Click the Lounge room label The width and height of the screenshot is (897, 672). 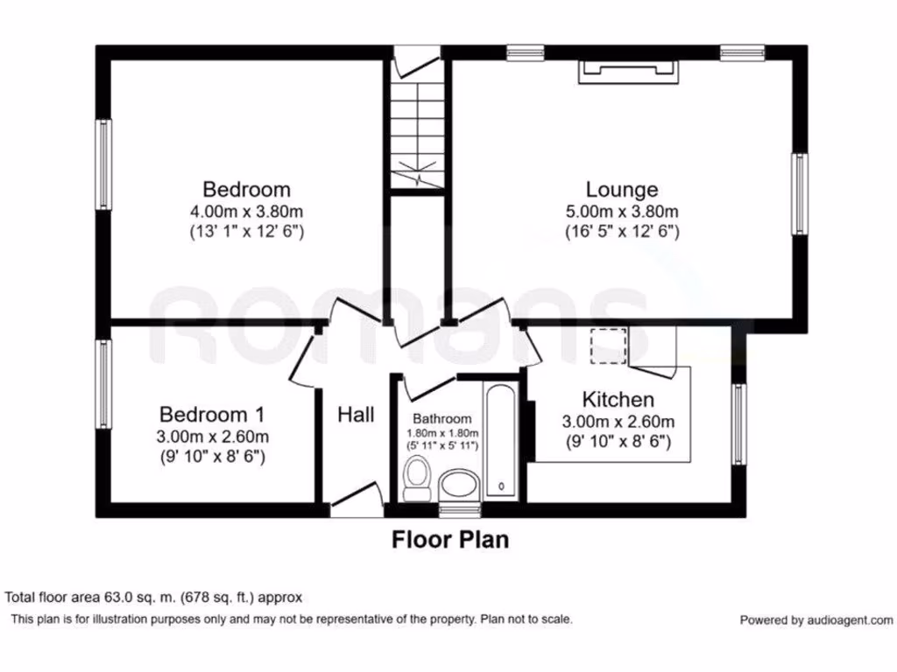(622, 189)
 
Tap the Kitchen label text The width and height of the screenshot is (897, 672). (618, 399)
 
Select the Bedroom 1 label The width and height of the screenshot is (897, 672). (212, 414)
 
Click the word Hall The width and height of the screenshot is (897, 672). (356, 414)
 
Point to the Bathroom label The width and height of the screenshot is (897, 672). (442, 418)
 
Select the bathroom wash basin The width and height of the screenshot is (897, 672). (459, 485)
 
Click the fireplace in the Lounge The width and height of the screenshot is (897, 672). (629, 72)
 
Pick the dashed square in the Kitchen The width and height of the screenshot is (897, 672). (609, 346)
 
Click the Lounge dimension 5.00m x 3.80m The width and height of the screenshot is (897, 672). (622, 212)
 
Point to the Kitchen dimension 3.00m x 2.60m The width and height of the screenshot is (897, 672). (618, 422)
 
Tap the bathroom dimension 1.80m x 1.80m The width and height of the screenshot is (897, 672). (442, 433)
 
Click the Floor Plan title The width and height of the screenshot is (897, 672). (450, 539)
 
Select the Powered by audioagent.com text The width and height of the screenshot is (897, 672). (816, 620)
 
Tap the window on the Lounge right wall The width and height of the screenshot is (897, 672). (800, 193)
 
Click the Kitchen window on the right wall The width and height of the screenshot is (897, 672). (739, 424)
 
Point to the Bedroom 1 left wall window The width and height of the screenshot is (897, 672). (103, 384)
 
